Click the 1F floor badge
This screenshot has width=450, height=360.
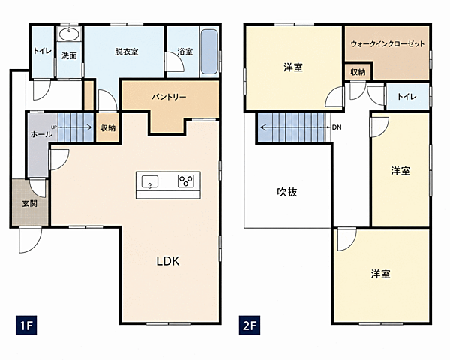(26, 325)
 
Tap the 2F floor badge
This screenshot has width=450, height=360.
(250, 325)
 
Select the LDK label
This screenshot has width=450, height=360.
(168, 261)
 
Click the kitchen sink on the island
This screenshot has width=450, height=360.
(150, 182)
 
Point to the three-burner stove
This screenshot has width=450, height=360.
(186, 181)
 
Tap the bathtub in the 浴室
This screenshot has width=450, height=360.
(209, 52)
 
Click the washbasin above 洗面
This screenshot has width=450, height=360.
(69, 34)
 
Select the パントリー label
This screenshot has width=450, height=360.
(169, 97)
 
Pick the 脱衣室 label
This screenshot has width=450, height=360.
(127, 52)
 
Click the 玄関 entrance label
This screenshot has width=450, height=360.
(29, 203)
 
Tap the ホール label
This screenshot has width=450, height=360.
(41, 134)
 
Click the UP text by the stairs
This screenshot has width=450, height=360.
(54, 127)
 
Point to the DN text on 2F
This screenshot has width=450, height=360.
(337, 127)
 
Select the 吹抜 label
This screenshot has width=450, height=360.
(287, 192)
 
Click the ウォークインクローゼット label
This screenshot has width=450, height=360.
(388, 44)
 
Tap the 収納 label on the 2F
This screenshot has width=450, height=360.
(358, 72)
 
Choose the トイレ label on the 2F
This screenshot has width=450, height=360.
(407, 97)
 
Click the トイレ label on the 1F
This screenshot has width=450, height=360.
(43, 51)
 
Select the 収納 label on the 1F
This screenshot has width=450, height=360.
(107, 128)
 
